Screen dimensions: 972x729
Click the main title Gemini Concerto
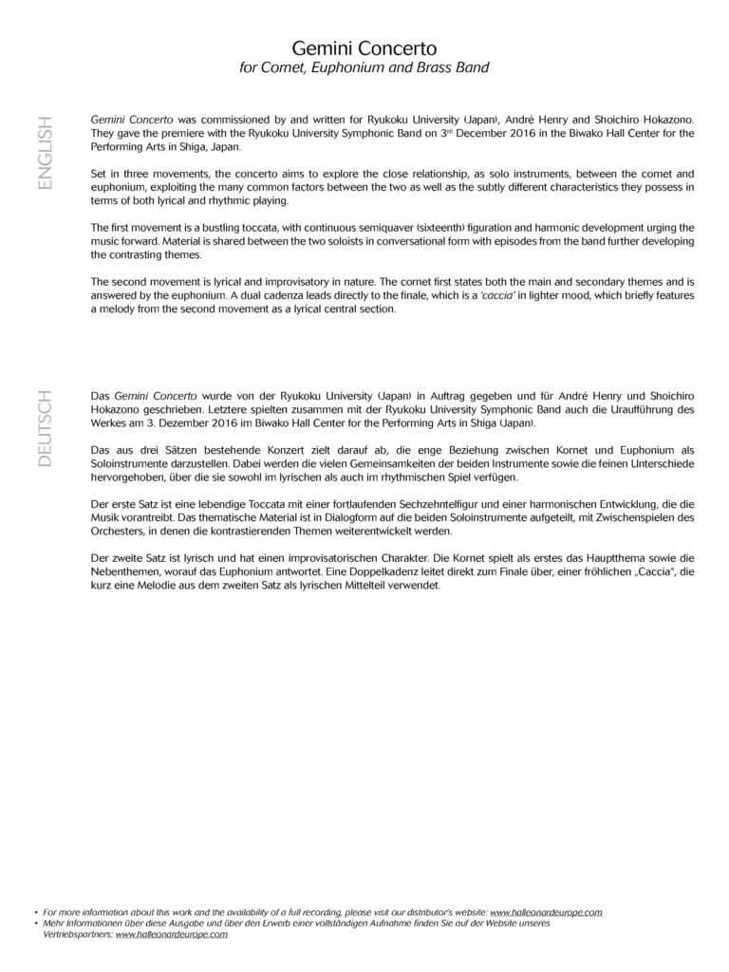coord(364,47)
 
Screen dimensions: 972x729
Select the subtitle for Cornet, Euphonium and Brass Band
coord(364,67)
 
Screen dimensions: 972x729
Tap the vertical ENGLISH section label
coord(46,153)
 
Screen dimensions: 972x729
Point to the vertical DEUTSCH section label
coord(46,426)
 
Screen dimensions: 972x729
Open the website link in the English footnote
coord(546,912)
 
